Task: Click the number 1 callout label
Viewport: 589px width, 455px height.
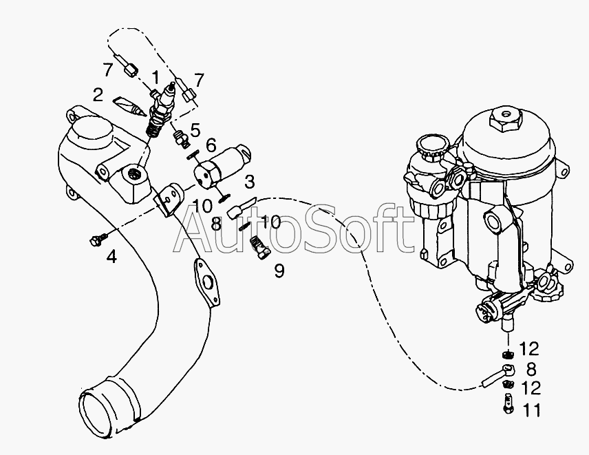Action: (x=155, y=78)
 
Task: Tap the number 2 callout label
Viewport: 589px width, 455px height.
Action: (x=98, y=95)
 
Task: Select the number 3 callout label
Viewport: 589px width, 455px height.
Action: (x=249, y=182)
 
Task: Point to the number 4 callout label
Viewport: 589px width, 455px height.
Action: (x=111, y=256)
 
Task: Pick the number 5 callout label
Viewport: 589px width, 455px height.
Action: (x=195, y=130)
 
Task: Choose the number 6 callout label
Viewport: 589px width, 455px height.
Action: (x=211, y=145)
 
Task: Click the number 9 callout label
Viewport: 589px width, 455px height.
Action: (x=279, y=271)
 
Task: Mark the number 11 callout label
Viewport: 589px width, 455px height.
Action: (x=531, y=410)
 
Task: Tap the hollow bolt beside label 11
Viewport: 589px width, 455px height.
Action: (x=508, y=403)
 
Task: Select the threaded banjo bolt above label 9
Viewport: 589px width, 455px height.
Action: (x=259, y=247)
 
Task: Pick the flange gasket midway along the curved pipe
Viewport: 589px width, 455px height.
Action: (x=206, y=282)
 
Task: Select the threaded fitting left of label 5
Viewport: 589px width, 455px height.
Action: (x=180, y=138)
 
